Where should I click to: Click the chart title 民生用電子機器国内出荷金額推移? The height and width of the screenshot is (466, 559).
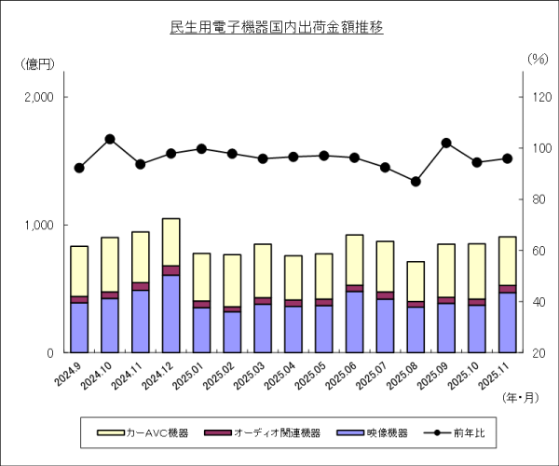[x=277, y=28]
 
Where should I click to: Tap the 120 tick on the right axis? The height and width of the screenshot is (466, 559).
[x=539, y=97]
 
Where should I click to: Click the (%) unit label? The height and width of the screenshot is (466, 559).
[x=538, y=58]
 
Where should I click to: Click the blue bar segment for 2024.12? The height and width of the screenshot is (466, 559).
[x=170, y=313]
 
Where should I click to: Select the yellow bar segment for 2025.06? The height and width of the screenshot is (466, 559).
[x=353, y=260]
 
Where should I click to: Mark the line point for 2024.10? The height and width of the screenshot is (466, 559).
[x=110, y=139]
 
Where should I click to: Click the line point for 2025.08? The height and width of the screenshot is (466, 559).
[x=415, y=181]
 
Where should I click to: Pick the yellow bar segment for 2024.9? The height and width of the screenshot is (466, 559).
[x=79, y=271]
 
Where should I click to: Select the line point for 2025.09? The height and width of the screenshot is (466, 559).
[x=445, y=143]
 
